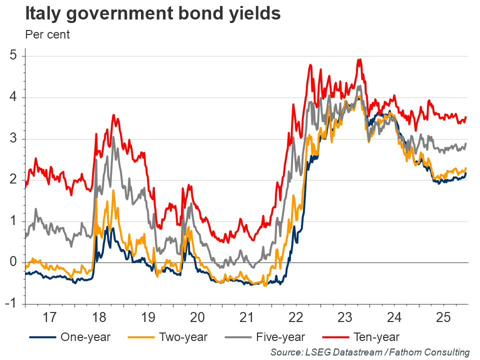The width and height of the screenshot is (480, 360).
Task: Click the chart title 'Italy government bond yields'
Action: point(153,14)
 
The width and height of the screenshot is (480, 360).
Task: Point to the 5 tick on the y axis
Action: point(14,55)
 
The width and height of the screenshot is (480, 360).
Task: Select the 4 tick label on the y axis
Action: point(14,97)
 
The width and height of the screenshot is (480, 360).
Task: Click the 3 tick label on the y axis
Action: point(14,138)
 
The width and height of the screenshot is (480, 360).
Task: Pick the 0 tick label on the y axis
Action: point(14,262)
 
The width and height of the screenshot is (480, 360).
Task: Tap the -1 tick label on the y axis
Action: point(12,303)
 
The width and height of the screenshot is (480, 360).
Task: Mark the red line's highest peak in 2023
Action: point(359,59)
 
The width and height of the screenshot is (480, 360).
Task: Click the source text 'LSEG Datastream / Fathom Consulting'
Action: point(370,352)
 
